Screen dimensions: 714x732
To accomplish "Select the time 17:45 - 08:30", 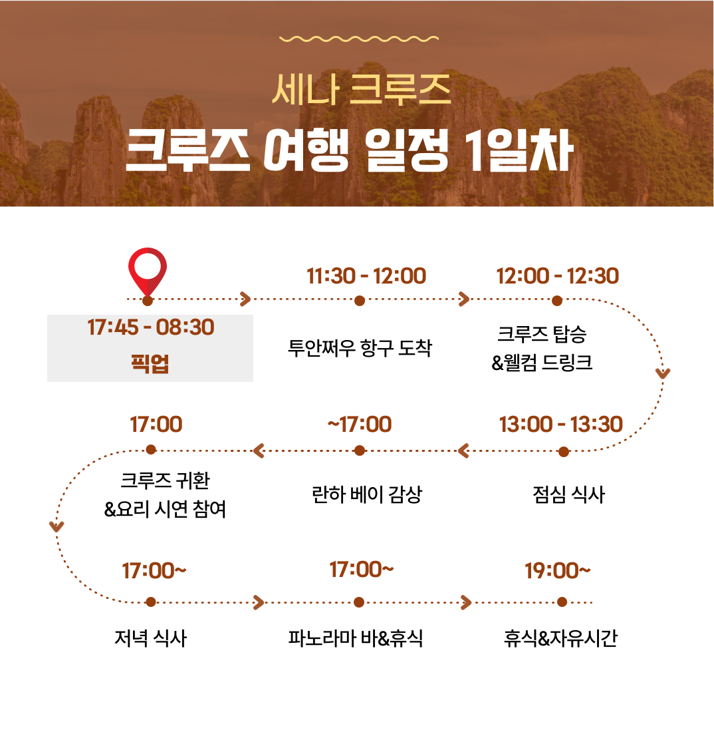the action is point(151,327).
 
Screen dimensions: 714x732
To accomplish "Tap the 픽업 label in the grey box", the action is point(150,363).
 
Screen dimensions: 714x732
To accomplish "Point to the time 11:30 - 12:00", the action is point(366,276).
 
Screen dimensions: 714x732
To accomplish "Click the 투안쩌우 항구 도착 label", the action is point(360,348).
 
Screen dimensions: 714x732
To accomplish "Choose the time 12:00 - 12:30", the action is point(557,276).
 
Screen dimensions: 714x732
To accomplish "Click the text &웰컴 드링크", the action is point(542,362).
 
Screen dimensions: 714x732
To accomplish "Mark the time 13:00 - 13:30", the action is point(560,425).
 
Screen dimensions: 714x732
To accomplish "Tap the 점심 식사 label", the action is point(568,494).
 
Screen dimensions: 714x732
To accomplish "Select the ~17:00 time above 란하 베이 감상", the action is point(359,425).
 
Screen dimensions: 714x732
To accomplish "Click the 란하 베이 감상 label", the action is point(366,494).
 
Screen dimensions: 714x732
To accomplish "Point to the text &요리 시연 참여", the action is point(165,509).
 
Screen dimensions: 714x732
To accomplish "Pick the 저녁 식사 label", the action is point(150,638).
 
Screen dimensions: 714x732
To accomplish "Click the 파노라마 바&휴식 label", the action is point(356,638).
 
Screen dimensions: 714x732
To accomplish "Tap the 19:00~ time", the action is point(557,570).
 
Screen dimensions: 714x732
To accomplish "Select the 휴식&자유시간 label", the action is point(560,638).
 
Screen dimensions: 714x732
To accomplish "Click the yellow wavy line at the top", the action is point(358,39).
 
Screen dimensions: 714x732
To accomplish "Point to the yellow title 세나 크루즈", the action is point(361,89).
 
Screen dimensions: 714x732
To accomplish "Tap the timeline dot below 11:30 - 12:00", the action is point(359,301).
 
